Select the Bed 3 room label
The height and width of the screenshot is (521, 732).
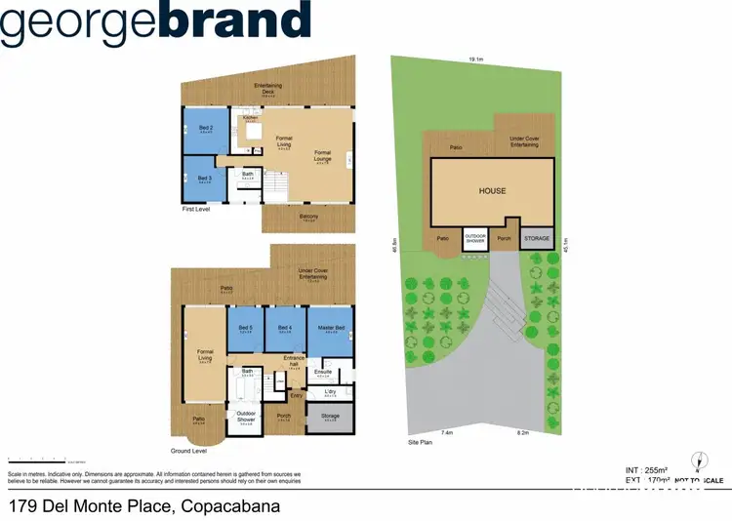pos(205,179)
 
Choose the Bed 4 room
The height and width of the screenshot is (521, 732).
pos(285,328)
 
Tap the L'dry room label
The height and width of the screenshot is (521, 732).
pos(329,392)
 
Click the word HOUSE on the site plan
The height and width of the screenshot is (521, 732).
pos(492,191)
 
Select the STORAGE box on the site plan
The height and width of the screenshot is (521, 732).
pos(537,238)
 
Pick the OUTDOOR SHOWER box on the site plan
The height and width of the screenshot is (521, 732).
pos(475,238)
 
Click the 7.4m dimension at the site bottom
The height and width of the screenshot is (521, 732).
pos(448,432)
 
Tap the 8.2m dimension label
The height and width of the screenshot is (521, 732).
pos(522,432)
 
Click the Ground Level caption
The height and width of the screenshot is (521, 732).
pos(189,452)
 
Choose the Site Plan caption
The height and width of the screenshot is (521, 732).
pos(420,442)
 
